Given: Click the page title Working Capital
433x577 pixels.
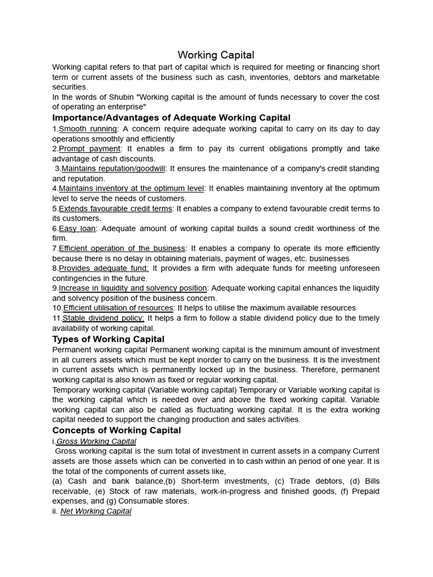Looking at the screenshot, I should point(216,55).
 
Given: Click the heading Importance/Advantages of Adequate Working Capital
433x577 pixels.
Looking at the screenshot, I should point(171,118).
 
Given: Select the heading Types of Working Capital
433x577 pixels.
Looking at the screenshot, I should point(108,339).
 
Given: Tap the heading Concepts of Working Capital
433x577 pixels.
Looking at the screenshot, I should point(117,430).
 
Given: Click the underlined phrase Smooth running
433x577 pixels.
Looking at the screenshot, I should point(88,129).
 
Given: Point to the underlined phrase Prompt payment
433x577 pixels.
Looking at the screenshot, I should point(90,149).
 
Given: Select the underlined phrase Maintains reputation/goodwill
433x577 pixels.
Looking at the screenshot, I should point(113,168).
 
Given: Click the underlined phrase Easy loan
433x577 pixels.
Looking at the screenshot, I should point(78,228).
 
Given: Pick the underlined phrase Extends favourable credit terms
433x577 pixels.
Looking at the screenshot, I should point(116,208).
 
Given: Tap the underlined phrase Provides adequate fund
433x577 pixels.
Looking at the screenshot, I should point(104,268).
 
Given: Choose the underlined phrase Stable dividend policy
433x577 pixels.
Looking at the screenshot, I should point(104,318).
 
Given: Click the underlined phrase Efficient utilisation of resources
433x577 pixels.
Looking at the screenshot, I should point(118,308).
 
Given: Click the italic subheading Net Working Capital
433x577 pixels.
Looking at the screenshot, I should point(96,511).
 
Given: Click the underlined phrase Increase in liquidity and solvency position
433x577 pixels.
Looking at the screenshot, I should point(133,288).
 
